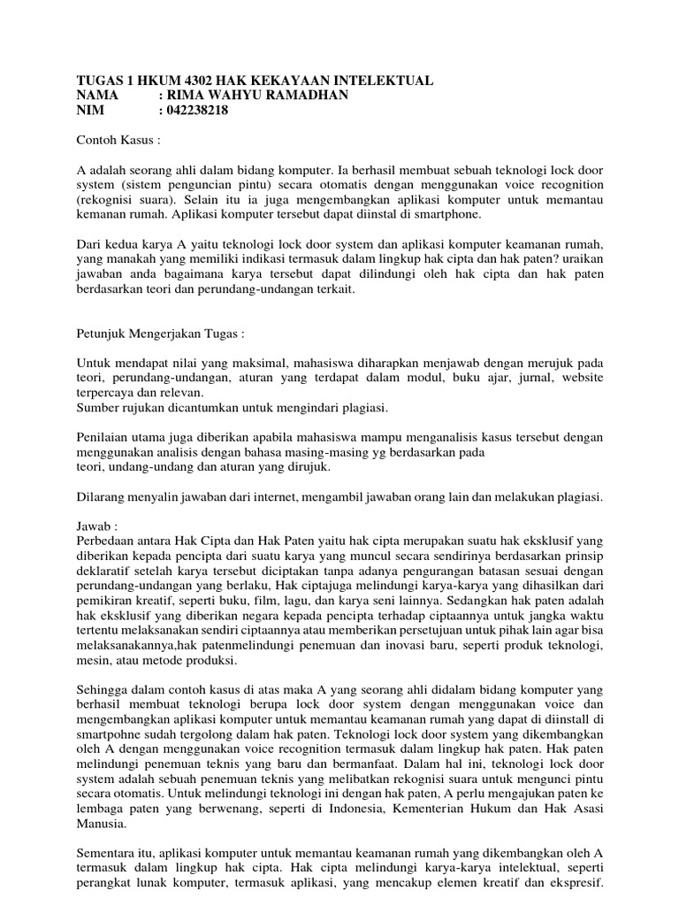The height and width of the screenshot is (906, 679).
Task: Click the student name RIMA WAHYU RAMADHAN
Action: pos(257,96)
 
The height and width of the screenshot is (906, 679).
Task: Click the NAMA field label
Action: pos(97,96)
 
